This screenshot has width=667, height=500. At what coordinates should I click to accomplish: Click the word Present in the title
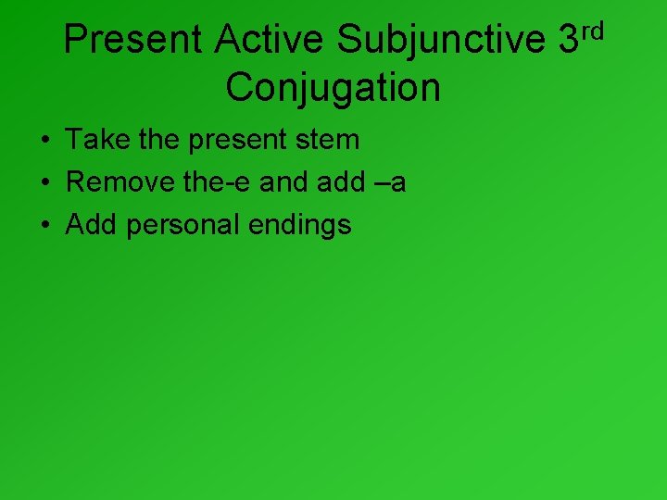pos(132,40)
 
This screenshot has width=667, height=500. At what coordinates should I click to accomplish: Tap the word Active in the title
pos(269,40)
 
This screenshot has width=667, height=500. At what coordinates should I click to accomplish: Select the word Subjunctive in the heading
pos(442,40)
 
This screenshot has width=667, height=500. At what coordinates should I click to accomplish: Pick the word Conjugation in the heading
pos(333,88)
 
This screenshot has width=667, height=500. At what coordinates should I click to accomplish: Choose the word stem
pos(333,141)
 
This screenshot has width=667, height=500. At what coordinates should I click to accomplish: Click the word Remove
pos(120,182)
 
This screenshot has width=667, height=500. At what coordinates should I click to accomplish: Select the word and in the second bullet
pos(284,182)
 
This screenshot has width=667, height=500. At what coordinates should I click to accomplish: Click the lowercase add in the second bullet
pos(341,182)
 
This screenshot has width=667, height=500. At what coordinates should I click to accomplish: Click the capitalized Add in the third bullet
pos(92,224)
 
